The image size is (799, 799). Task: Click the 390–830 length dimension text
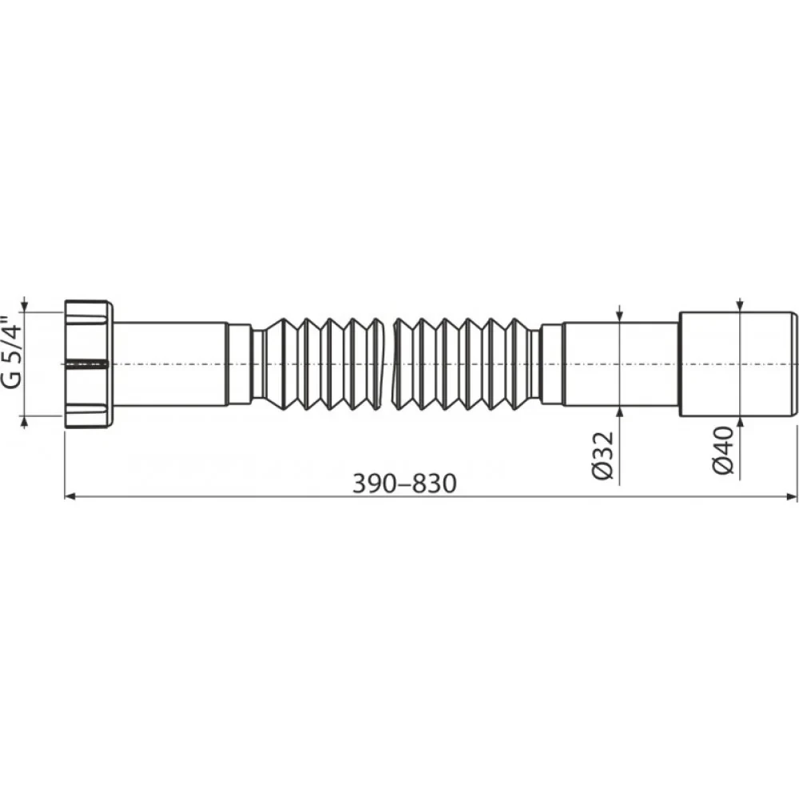[404, 483]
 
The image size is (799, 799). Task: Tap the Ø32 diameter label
[602, 455]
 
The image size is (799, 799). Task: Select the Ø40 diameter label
[724, 451]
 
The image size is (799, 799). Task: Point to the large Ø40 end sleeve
[738, 364]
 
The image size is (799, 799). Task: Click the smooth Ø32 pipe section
[621, 364]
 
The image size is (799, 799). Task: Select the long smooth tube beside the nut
[169, 364]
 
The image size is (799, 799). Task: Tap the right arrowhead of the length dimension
[792, 496]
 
